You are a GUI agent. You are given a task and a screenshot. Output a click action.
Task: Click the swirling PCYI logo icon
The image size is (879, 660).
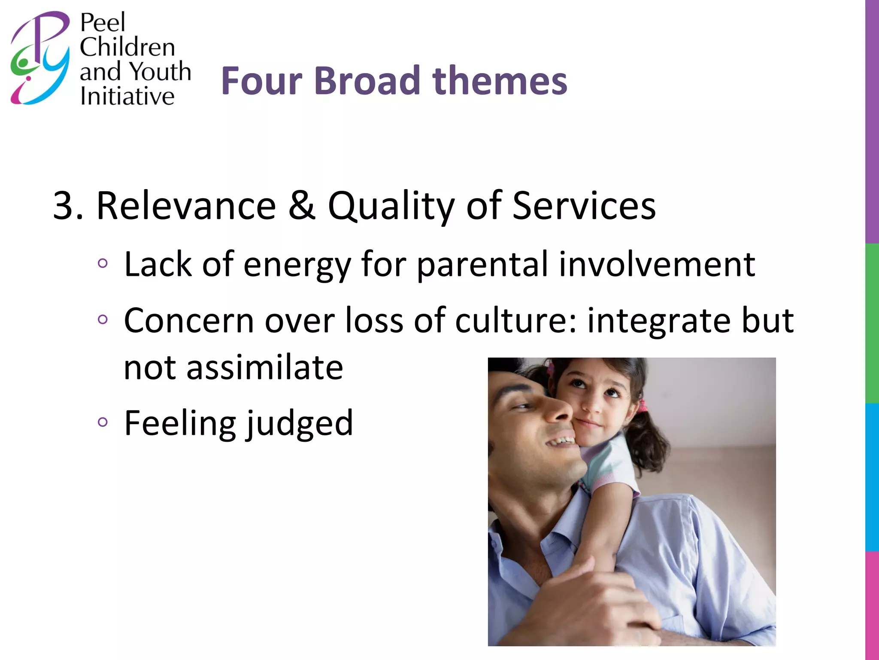coord(40,58)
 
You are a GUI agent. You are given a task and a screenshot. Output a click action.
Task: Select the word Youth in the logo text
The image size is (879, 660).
coord(160,71)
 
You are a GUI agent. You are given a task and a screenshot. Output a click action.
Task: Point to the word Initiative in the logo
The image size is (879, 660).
coord(127,96)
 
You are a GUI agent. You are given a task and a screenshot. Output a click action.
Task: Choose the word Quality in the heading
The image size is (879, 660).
coord(391,207)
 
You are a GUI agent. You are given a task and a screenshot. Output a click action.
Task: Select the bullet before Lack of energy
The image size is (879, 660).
coord(102,263)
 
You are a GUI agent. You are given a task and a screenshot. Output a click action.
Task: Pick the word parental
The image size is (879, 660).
coord(482,265)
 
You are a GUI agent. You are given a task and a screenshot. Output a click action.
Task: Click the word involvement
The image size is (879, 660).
coord(657,264)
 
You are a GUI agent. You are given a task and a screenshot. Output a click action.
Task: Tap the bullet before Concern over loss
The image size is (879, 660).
coord(102,320)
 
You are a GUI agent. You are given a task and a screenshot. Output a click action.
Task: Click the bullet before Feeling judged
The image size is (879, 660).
coord(102,422)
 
